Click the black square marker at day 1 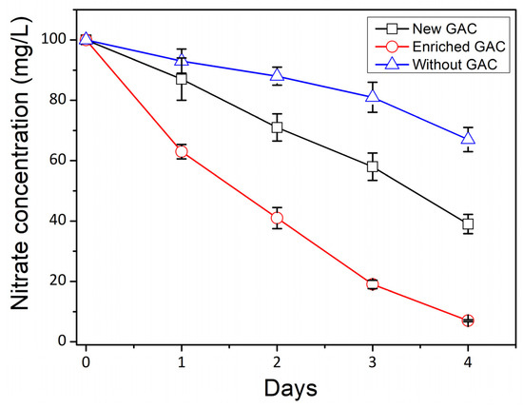pyautogui.click(x=182, y=79)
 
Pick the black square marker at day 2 pyautogui.click(x=277, y=127)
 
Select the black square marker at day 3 pyautogui.click(x=373, y=166)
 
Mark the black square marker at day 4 pyautogui.click(x=468, y=224)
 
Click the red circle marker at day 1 pyautogui.click(x=182, y=151)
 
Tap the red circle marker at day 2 pyautogui.click(x=277, y=218)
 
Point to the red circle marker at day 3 pyautogui.click(x=373, y=284)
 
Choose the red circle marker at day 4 pyautogui.click(x=468, y=321)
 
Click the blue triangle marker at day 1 pyautogui.click(x=182, y=60)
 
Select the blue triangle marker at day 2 pyautogui.click(x=277, y=75)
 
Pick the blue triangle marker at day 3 pyautogui.click(x=373, y=96)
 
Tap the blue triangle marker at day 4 pyautogui.click(x=468, y=138)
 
